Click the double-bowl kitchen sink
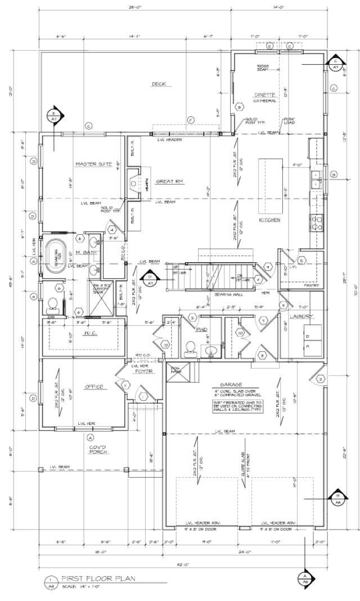(x=316, y=180)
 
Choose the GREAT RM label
(x=168, y=182)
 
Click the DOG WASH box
(x=174, y=369)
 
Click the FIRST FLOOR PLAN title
(x=98, y=578)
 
